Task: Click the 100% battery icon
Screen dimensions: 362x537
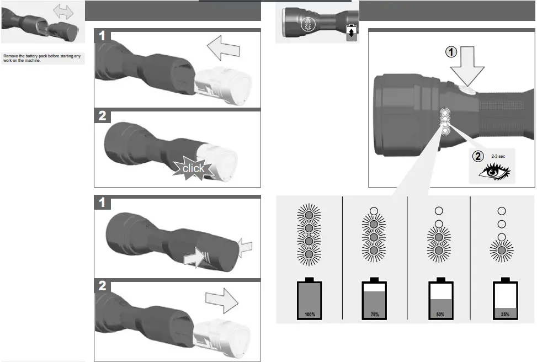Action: click(309, 299)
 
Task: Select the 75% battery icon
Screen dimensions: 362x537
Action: click(374, 299)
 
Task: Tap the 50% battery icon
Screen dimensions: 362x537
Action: click(440, 299)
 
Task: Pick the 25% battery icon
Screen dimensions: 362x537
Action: click(504, 299)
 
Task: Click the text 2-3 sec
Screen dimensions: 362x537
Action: click(498, 156)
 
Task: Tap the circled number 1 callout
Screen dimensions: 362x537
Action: click(452, 52)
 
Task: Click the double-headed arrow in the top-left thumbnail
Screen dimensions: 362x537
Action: click(63, 12)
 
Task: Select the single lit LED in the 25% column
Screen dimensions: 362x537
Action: click(502, 250)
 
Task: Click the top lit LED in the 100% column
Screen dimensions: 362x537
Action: click(309, 215)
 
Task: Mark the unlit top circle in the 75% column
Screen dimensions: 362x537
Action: click(374, 211)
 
